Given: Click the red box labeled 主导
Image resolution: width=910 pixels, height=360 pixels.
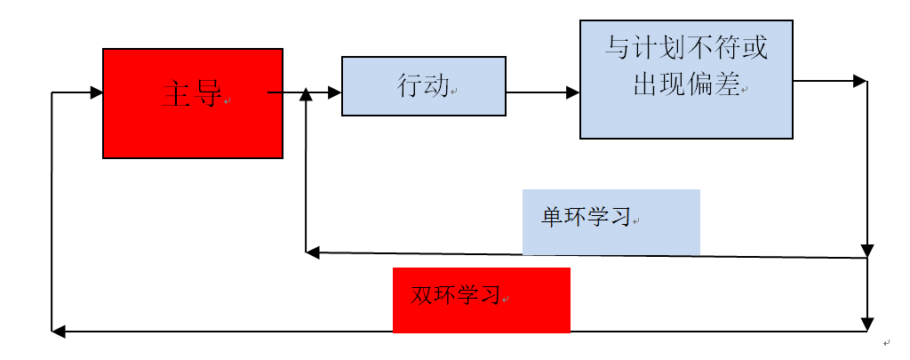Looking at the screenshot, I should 193,103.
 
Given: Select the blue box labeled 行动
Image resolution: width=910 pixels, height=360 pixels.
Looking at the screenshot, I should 423,86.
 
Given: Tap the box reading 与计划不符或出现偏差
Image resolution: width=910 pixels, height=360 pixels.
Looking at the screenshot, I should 686,80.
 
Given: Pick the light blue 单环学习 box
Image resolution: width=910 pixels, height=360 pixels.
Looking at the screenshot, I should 611,222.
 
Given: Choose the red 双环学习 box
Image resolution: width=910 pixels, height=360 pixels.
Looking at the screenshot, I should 481,300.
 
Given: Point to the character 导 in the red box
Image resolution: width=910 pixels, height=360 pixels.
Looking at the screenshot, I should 207,93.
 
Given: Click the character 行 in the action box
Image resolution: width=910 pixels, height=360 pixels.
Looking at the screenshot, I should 410,86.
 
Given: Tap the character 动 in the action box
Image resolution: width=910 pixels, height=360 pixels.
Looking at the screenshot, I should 436,86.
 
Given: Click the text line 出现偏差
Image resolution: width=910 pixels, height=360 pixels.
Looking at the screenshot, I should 686,84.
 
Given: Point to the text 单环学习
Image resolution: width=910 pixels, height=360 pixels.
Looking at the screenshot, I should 587,218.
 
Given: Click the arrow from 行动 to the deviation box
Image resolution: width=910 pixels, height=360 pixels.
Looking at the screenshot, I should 542,92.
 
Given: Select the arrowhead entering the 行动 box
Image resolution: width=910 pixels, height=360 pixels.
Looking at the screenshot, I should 335,92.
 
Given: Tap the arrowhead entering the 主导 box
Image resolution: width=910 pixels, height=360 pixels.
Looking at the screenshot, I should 97,92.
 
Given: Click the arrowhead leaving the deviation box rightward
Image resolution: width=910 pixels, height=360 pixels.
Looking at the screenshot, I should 859,81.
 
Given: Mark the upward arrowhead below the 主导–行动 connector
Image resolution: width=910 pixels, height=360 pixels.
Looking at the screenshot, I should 306,94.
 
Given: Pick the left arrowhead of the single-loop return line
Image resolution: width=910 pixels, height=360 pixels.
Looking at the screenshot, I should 312,252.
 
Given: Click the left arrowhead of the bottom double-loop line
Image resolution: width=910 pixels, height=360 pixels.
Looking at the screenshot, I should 58,332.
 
